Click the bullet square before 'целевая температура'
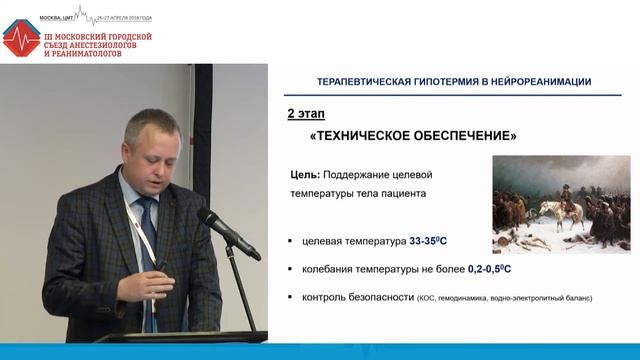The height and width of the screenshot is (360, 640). click(289, 242)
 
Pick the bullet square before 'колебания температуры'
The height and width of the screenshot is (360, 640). click(289, 270)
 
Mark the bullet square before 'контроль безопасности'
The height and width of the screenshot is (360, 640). click(289, 298)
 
